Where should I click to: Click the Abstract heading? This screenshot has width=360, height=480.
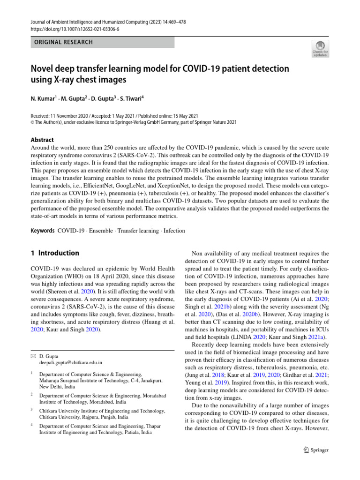coord(42,140)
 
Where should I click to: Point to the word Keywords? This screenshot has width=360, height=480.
coord(42,231)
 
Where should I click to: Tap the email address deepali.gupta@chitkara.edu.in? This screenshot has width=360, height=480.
coord(71,362)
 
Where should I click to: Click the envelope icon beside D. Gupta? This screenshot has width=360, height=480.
coord(33,356)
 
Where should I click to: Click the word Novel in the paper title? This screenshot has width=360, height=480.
coord(45,69)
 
